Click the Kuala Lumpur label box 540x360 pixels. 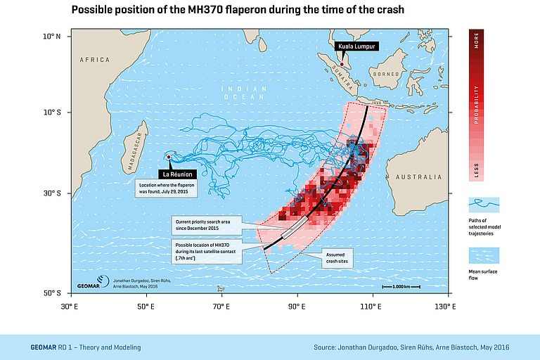coord(357,46)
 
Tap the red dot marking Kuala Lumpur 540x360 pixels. coord(342,65)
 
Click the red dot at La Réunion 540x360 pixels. coord(169,157)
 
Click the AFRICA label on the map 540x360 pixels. coord(95,60)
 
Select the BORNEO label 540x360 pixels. coord(386,73)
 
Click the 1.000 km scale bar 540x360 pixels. coord(401,286)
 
